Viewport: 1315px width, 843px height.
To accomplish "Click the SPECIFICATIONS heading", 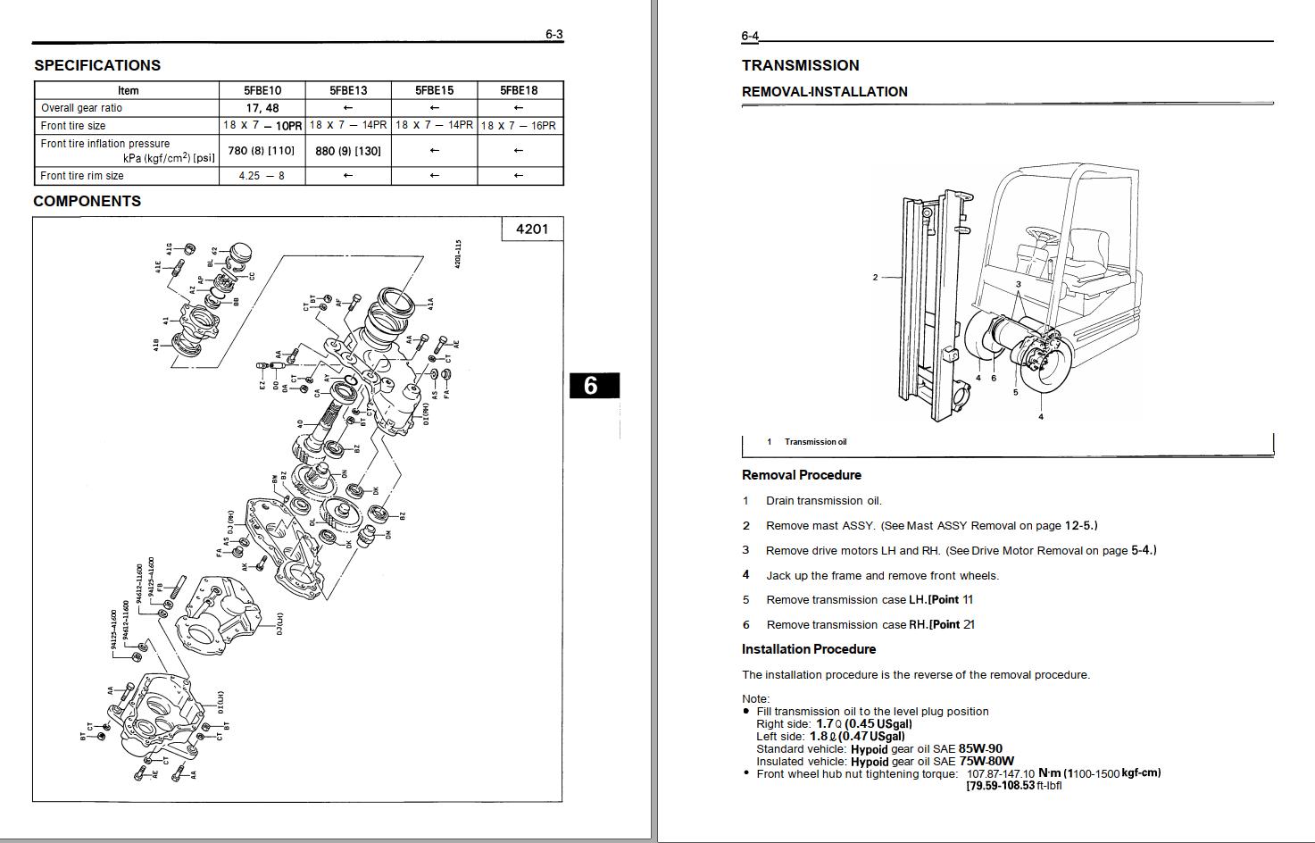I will point(97,65).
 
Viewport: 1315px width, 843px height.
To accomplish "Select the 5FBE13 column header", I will point(348,90).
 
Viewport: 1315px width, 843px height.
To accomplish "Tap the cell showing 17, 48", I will point(262,108).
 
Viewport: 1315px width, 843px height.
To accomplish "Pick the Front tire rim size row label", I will point(82,176).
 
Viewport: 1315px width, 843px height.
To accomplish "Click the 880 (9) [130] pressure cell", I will point(348,151).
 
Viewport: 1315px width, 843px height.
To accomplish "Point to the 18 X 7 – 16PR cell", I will point(519,126).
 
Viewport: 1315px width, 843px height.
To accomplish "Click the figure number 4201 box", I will point(532,229).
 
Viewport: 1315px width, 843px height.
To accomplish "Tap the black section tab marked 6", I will point(590,386).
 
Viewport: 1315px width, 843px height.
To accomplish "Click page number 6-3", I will point(554,35).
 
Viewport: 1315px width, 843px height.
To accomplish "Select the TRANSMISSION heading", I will point(800,65).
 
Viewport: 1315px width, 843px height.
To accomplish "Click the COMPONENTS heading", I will point(87,201).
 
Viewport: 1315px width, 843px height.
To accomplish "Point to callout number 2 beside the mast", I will point(875,278).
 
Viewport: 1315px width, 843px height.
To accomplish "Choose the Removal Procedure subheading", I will point(801,475).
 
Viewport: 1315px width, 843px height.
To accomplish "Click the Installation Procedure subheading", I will point(808,649).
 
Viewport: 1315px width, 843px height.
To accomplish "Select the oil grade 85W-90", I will point(980,749).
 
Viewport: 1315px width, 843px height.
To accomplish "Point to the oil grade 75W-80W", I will point(986,762).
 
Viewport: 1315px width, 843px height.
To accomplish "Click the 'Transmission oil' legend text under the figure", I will point(815,442).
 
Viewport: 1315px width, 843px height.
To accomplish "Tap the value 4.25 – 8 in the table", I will point(262,176).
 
